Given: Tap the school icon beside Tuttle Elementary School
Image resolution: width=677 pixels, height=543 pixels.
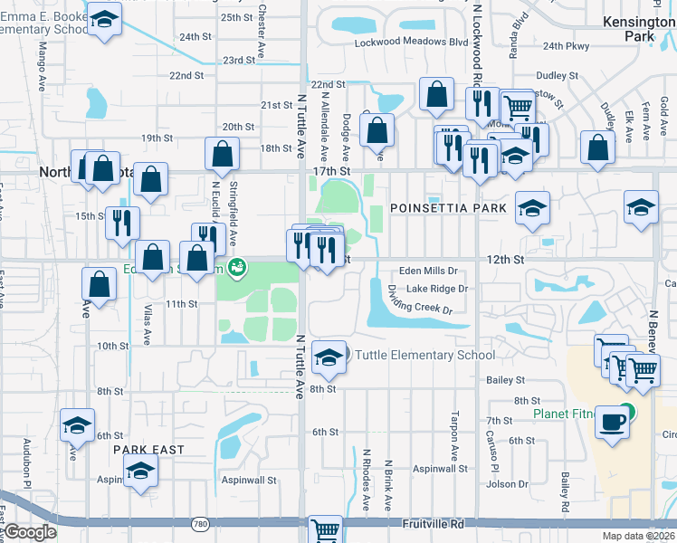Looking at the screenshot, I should tap(328, 357).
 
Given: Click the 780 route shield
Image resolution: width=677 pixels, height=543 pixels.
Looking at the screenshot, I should tap(201, 524).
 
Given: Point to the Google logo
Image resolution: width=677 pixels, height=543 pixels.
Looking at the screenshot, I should tap(29, 532).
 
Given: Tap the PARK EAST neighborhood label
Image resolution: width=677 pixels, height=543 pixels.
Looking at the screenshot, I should tap(148, 450).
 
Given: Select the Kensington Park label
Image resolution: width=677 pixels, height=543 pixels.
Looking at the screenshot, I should tap(638, 28).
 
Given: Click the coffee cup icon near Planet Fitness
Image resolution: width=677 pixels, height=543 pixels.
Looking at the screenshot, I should tap(613, 423).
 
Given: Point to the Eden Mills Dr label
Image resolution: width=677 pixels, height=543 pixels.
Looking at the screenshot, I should tap(430, 271).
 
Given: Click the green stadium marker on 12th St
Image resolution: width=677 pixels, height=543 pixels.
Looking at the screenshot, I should tap(237, 267).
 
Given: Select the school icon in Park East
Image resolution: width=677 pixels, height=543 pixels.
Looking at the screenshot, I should tap(139, 472).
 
